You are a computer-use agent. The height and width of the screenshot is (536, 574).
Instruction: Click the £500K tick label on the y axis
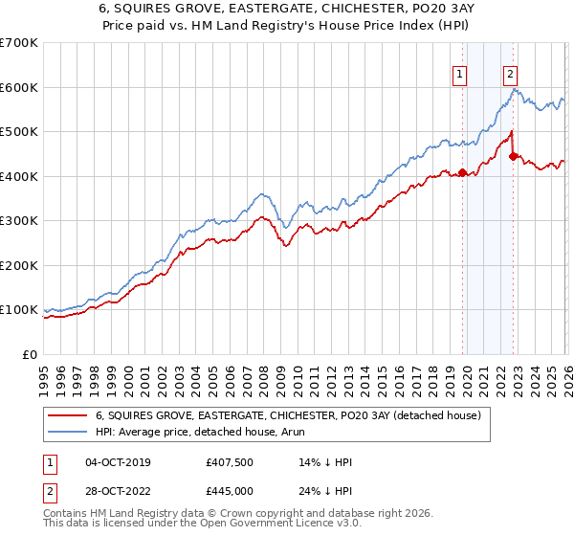coord(19,131)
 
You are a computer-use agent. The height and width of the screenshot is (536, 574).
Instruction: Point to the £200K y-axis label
coord(19,265)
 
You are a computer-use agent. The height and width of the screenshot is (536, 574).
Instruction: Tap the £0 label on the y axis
coord(29,354)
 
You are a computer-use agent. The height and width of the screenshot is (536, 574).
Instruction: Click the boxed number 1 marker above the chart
coord(461,73)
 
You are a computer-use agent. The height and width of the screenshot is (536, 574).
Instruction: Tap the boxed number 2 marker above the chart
coord(511,73)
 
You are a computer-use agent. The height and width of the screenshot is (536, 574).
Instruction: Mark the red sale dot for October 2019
coord(462,173)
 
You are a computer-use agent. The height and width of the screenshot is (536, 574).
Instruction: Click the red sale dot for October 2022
coord(514,156)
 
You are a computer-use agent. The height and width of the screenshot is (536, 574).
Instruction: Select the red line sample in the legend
coord(69,414)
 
